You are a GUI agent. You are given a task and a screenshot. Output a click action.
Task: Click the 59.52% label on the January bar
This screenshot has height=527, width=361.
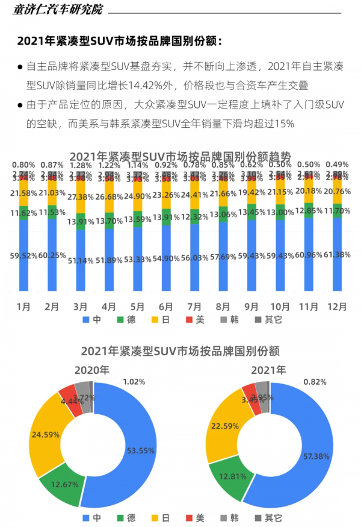pos(23,256)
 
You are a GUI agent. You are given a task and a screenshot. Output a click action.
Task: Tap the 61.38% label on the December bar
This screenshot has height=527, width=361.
pos(337,256)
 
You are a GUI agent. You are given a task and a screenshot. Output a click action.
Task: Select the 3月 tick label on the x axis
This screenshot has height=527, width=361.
pos(81,307)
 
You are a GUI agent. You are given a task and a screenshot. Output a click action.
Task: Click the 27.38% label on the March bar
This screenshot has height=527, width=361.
pos(81,198)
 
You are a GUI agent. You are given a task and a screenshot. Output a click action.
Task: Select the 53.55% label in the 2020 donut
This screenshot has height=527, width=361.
pos(141,450)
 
